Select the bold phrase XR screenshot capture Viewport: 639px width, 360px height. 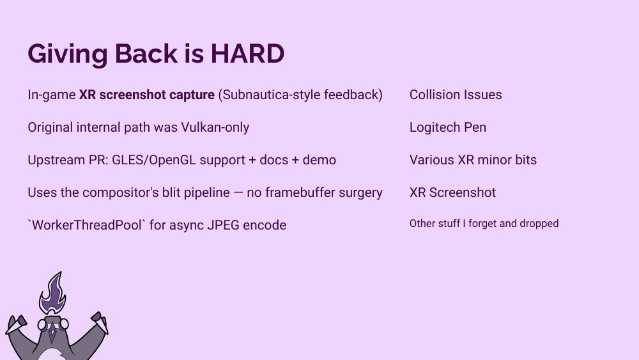(146, 95)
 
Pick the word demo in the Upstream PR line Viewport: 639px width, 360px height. (319, 160)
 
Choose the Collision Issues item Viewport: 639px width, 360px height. (456, 95)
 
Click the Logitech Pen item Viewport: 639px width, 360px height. (447, 127)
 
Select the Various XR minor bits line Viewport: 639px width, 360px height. (473, 160)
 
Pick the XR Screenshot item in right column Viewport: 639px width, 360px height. (452, 192)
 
